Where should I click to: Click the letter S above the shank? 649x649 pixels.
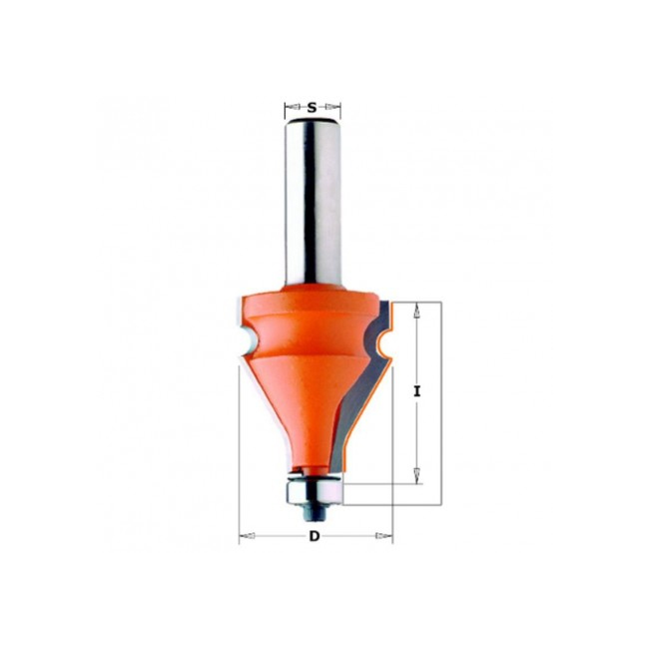[312, 108]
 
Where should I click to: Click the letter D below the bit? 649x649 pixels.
[315, 536]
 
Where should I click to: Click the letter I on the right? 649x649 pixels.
[416, 391]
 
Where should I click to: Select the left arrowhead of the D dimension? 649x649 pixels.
[247, 536]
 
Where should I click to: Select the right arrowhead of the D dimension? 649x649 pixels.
[383, 536]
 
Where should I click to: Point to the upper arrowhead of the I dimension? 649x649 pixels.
[417, 311]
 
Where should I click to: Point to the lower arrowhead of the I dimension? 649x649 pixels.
[417, 475]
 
